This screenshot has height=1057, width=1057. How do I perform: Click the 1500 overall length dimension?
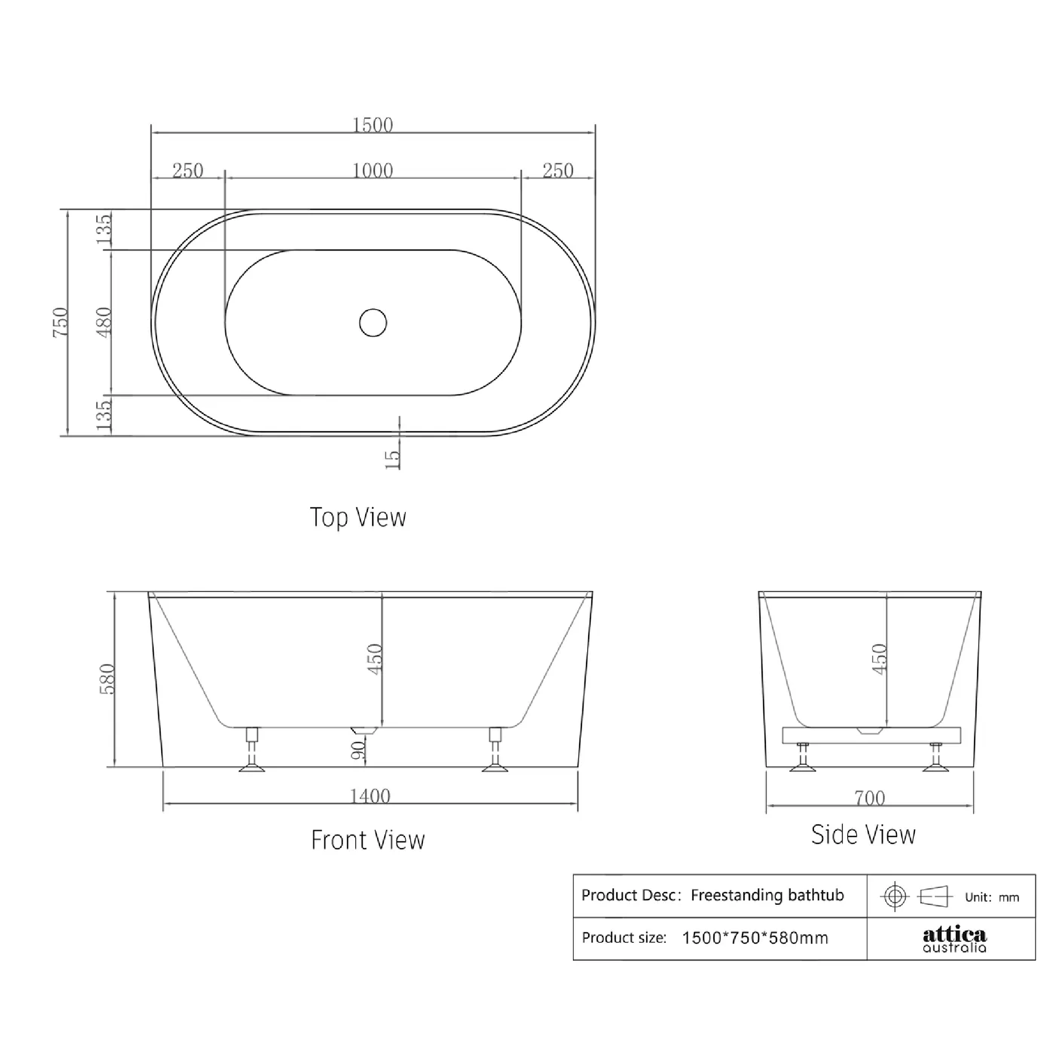click(372, 125)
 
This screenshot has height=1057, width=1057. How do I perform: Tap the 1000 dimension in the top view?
click(372, 171)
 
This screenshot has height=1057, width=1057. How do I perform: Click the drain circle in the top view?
click(373, 322)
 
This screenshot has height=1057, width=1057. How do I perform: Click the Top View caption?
click(358, 517)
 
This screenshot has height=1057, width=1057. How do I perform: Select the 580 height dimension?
click(107, 679)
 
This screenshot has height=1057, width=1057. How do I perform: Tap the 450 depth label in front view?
click(375, 659)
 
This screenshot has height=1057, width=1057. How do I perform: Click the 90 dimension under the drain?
click(358, 750)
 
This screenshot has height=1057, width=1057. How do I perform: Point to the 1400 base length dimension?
click(370, 795)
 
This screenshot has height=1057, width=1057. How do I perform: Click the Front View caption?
click(368, 840)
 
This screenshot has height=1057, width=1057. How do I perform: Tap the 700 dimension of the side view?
click(869, 798)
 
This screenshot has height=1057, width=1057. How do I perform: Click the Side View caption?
click(863, 835)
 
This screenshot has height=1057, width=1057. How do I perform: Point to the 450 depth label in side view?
click(879, 659)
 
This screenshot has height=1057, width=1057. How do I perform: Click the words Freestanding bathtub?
click(767, 896)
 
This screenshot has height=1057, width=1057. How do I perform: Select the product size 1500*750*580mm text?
click(755, 938)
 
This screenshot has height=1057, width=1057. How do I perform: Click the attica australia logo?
click(954, 939)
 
